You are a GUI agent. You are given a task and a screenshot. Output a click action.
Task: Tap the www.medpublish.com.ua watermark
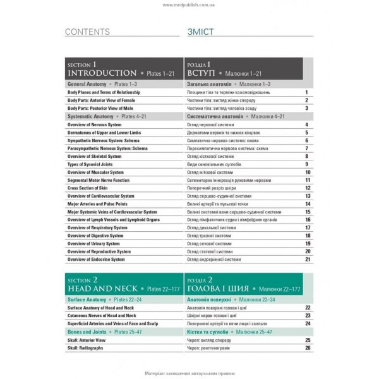(189, 5)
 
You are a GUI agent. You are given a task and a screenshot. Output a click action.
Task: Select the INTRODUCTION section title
(101, 73)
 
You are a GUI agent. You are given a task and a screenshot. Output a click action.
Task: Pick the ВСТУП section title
(203, 73)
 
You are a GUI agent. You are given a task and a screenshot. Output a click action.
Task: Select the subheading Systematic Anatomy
(90, 116)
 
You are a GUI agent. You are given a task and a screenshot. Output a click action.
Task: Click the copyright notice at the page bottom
(189, 371)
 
